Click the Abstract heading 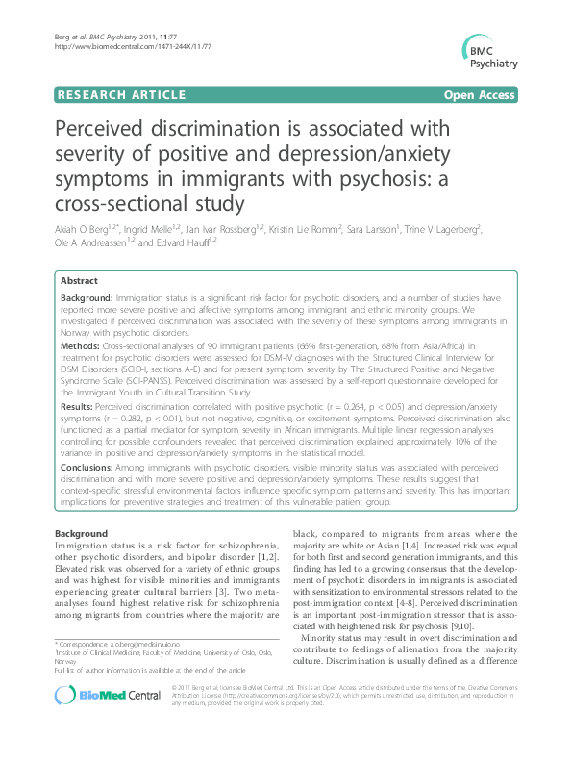78,281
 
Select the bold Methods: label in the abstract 80,344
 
